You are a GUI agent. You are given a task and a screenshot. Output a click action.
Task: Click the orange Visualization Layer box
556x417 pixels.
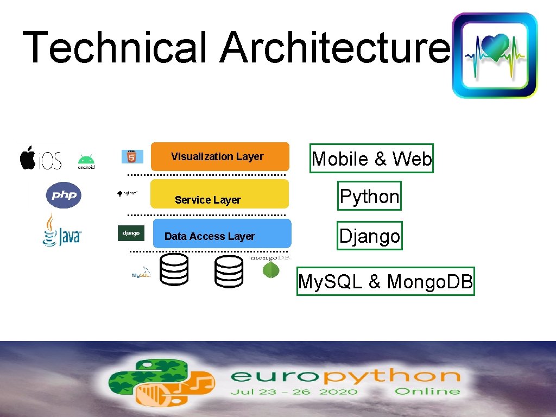219,156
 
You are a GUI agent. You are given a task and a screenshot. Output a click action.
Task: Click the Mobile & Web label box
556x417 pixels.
372,159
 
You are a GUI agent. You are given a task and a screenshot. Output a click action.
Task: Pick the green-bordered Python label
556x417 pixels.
369,196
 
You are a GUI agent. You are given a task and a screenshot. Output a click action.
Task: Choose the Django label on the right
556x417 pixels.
369,236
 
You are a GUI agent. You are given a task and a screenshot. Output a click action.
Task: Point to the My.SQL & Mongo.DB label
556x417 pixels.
386,281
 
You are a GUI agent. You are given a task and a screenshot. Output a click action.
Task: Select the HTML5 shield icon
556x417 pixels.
132,156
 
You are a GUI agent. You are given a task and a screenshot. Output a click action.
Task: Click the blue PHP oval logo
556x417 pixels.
64,195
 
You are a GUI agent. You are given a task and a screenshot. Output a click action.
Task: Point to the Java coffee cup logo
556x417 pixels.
61,230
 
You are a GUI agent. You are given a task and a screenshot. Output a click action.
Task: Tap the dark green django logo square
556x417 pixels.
131,233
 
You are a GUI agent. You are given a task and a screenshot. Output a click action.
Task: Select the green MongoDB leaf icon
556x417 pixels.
271,269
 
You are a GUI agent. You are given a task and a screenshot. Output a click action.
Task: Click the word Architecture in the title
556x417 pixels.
334,47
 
